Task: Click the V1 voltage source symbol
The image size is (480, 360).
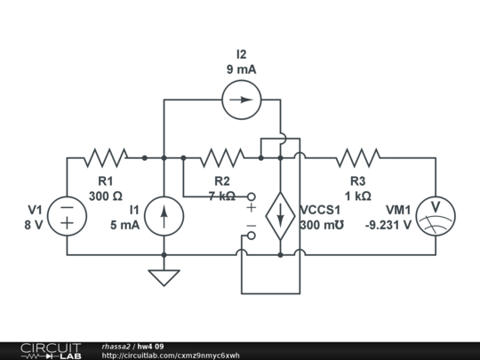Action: (x=68, y=215)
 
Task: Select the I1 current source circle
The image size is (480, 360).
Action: (x=164, y=215)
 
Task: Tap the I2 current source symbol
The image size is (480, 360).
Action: (x=241, y=100)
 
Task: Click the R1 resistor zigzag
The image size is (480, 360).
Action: (x=106, y=158)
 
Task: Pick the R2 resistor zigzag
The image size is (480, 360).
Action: (x=222, y=158)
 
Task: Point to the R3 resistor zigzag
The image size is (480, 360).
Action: (x=358, y=158)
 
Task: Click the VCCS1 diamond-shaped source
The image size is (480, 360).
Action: (x=280, y=215)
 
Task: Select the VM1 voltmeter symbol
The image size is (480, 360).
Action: (x=435, y=215)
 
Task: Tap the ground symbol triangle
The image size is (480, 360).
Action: (x=164, y=278)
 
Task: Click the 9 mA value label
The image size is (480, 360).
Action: (x=240, y=70)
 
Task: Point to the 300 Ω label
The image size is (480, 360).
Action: (x=106, y=196)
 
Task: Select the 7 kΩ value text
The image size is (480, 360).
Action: (x=222, y=196)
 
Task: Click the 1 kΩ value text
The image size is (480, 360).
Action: (x=358, y=196)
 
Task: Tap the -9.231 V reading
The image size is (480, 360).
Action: (x=388, y=225)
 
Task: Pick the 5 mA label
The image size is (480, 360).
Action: (x=124, y=225)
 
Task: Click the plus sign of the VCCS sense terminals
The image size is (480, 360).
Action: (x=251, y=207)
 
